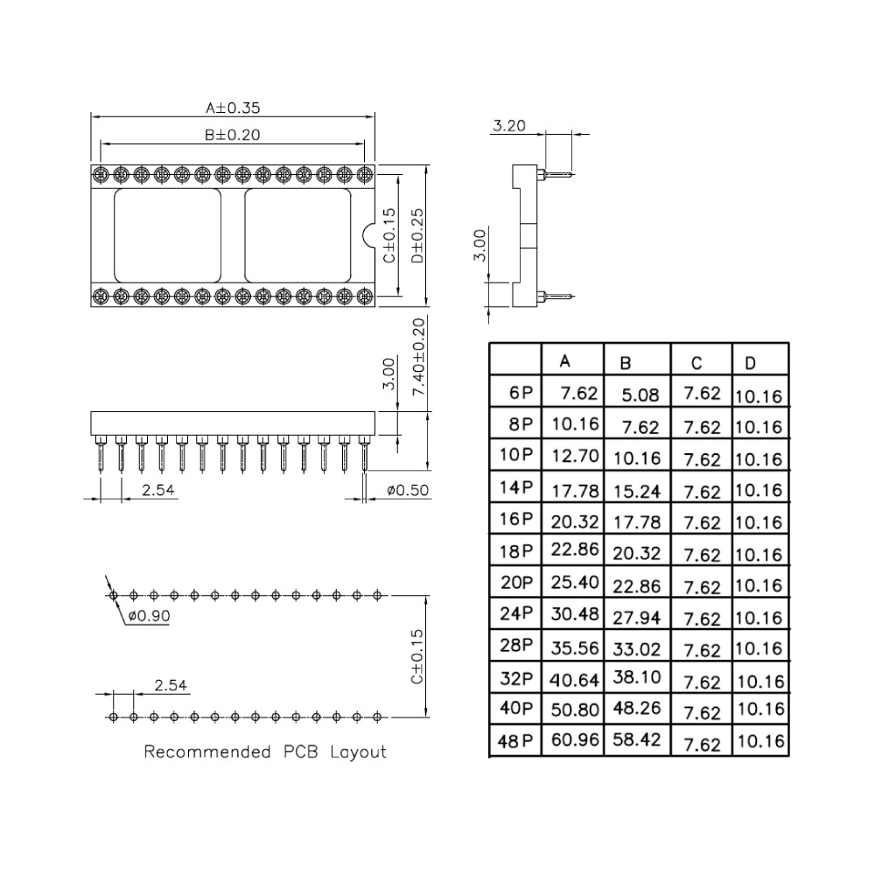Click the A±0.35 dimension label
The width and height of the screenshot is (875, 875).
pos(233,108)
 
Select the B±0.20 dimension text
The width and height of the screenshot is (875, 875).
pos(232,135)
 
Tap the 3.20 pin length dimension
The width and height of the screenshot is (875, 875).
pos(509,125)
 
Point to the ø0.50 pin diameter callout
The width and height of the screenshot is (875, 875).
pos(408,490)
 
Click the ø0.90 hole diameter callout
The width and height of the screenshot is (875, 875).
pos(149,615)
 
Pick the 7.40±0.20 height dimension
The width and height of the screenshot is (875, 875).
pos(418,357)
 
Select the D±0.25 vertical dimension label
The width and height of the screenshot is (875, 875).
pos(417,235)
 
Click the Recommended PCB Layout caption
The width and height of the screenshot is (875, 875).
pos(265,752)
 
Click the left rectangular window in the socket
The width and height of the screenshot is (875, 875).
pos(167,235)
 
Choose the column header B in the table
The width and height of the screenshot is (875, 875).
pos(625,363)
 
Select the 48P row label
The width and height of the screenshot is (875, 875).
pos(515,741)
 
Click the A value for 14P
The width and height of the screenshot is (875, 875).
pos(575,491)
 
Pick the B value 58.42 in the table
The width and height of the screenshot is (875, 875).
pos(637,739)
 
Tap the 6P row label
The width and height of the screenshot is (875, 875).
pos(521,392)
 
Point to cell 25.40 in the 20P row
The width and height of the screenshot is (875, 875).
pos(575,582)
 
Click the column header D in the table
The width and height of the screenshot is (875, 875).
pos(750,363)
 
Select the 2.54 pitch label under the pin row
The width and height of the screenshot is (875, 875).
pos(157,490)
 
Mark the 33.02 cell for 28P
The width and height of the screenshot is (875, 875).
pos(637,649)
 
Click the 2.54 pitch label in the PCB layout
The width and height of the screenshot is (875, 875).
pos(171,685)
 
